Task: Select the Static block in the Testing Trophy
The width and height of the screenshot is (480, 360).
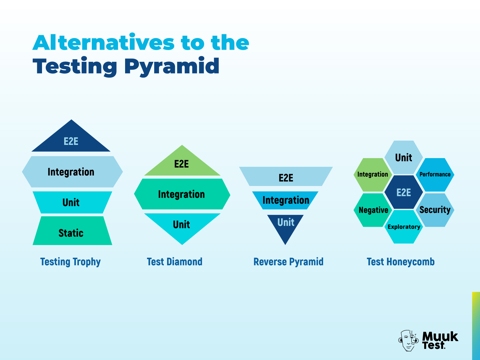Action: [72, 231]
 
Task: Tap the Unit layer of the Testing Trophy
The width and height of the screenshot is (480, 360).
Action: [72, 202]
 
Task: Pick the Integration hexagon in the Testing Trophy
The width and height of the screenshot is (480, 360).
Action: [72, 172]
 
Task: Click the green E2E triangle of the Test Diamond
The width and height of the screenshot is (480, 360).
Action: [182, 164]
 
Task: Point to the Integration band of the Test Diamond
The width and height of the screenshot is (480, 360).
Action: [182, 194]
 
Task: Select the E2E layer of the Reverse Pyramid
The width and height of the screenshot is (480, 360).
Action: [286, 176]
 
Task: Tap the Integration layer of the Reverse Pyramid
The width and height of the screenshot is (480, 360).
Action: [285, 200]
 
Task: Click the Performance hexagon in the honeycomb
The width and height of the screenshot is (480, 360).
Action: [435, 175]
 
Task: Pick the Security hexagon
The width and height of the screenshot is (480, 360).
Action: [435, 210]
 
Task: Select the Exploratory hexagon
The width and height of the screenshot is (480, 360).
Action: [404, 227]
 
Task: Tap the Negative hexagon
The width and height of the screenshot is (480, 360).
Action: [373, 210]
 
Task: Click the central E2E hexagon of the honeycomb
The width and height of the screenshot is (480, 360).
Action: [404, 192]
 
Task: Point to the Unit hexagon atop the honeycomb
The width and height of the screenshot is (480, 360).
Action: [404, 157]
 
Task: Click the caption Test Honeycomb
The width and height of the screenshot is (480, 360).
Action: [400, 262]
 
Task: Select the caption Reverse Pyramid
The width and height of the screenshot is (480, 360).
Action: [288, 262]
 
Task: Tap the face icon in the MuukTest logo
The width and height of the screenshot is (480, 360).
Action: [408, 340]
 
